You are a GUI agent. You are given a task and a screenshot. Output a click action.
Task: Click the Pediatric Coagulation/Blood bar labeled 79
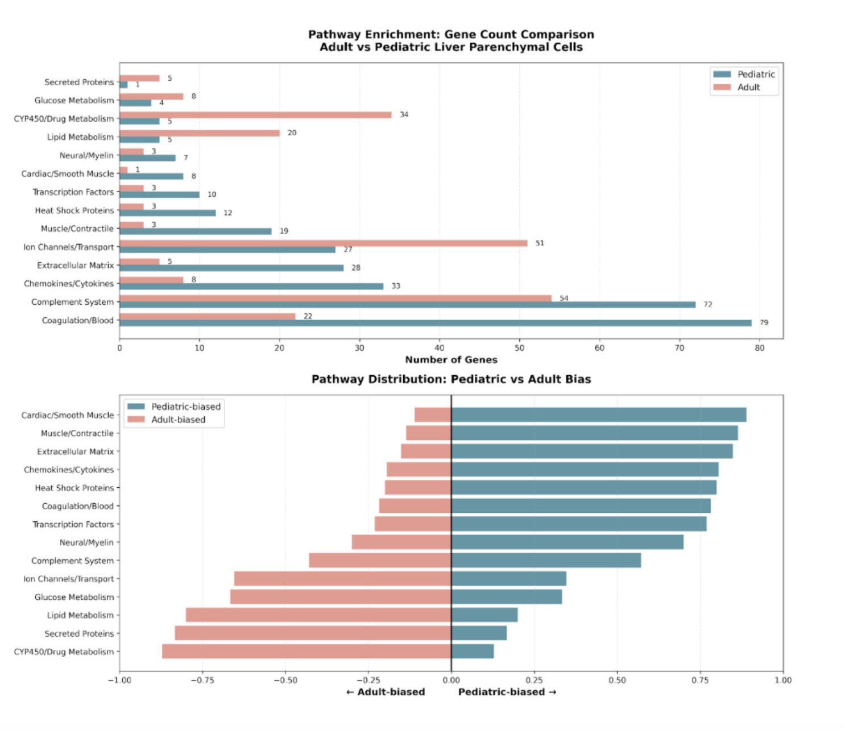[435, 323]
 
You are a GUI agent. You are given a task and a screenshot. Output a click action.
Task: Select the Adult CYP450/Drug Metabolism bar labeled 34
[255, 115]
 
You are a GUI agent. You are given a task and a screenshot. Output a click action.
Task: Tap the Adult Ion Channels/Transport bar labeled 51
[323, 243]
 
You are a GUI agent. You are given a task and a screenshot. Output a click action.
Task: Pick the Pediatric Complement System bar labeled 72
[407, 305]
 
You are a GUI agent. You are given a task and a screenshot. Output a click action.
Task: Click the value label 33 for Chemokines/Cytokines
[396, 286]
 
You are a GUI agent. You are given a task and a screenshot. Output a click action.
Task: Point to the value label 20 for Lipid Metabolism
[292, 133]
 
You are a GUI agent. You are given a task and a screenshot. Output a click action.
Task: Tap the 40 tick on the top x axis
[440, 348]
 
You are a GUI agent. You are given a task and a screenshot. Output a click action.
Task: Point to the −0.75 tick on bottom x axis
[202, 680]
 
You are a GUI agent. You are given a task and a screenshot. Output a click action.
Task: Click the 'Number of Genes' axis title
[451, 360]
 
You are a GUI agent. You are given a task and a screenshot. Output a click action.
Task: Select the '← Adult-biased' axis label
[386, 692]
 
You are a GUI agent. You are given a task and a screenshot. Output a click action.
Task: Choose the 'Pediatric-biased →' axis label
[507, 692]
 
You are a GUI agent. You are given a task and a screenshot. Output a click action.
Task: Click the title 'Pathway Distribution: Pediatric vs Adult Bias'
[451, 379]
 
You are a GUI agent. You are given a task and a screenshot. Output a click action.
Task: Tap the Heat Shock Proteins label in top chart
[74, 210]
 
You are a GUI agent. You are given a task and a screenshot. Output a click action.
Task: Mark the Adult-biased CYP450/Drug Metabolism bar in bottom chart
[306, 652]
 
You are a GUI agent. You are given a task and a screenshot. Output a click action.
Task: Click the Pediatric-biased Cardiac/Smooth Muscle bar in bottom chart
[599, 415]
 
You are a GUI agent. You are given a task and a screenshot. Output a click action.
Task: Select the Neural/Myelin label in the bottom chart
[86, 542]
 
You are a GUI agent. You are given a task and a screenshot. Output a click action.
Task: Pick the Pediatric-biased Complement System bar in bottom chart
[546, 561]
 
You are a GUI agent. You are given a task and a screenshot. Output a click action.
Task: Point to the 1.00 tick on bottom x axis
[783, 680]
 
